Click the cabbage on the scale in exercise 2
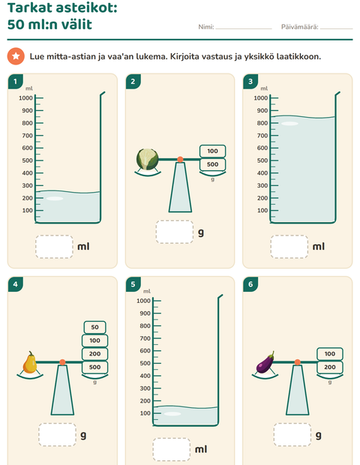coord(148,159)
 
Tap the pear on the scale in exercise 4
coord(30,362)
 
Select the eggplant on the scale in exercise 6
coord(265,362)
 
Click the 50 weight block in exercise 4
coord(95,327)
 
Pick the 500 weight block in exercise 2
coord(212,164)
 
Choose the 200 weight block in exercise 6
coord(330,367)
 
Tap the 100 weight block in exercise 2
coord(212,151)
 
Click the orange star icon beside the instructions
coord(16,56)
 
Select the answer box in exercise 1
coord(54,247)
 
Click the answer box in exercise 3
coord(289,247)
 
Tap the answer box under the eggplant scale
coord(292,435)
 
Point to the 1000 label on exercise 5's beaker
coord(143,301)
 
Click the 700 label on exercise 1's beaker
coord(27,136)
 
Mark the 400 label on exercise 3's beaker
coord(262,173)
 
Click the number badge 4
coord(15,284)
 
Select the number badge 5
coord(133,284)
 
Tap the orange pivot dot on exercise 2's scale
coord(180,160)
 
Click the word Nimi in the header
coord(205,27)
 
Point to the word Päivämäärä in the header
coord(299,27)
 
